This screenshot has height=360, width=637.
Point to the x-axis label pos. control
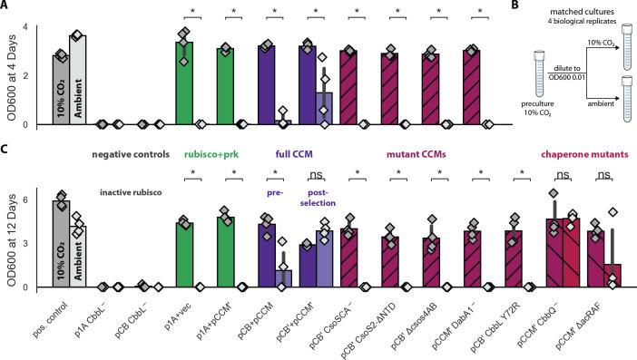click(x=58, y=314)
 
